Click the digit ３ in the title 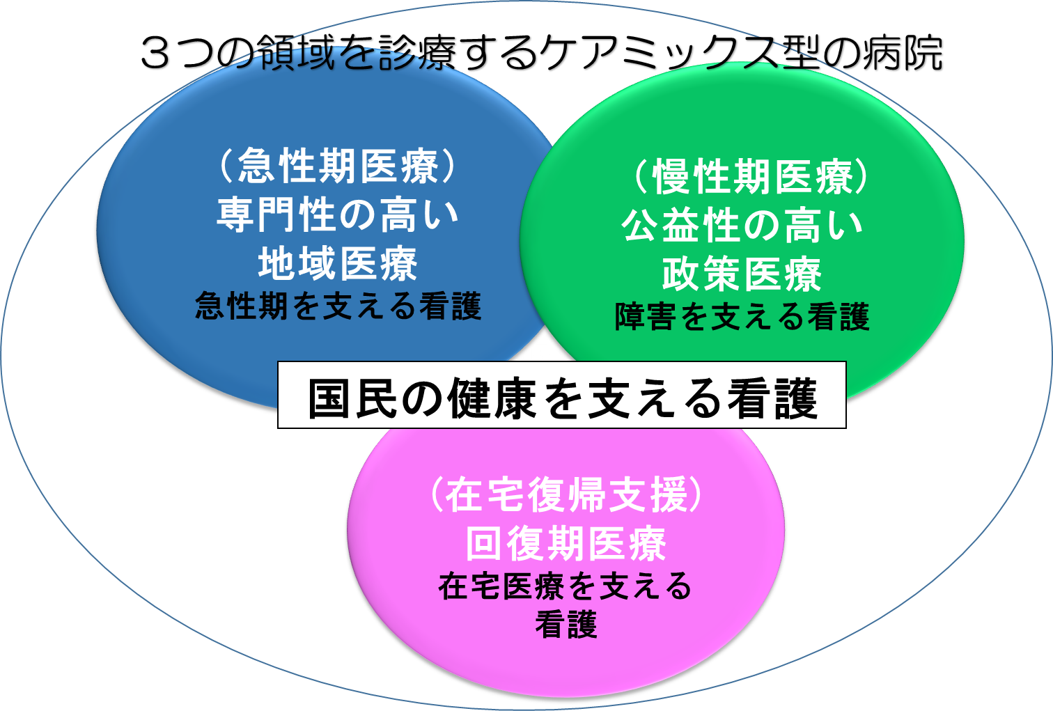[155, 53]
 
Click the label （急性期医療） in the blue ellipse [338, 166]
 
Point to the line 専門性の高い [338, 214]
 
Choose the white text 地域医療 [338, 263]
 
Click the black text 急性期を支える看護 [338, 306]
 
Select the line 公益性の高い [742, 225]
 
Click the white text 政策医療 [742, 274]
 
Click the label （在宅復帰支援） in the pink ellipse [566, 494]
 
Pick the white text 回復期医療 [566, 543]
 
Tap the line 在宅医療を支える [565, 586]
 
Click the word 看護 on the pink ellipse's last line [566, 624]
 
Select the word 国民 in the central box [352, 398]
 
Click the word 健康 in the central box [492, 398]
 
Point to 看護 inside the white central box [772, 398]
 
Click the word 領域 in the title [297, 53]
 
